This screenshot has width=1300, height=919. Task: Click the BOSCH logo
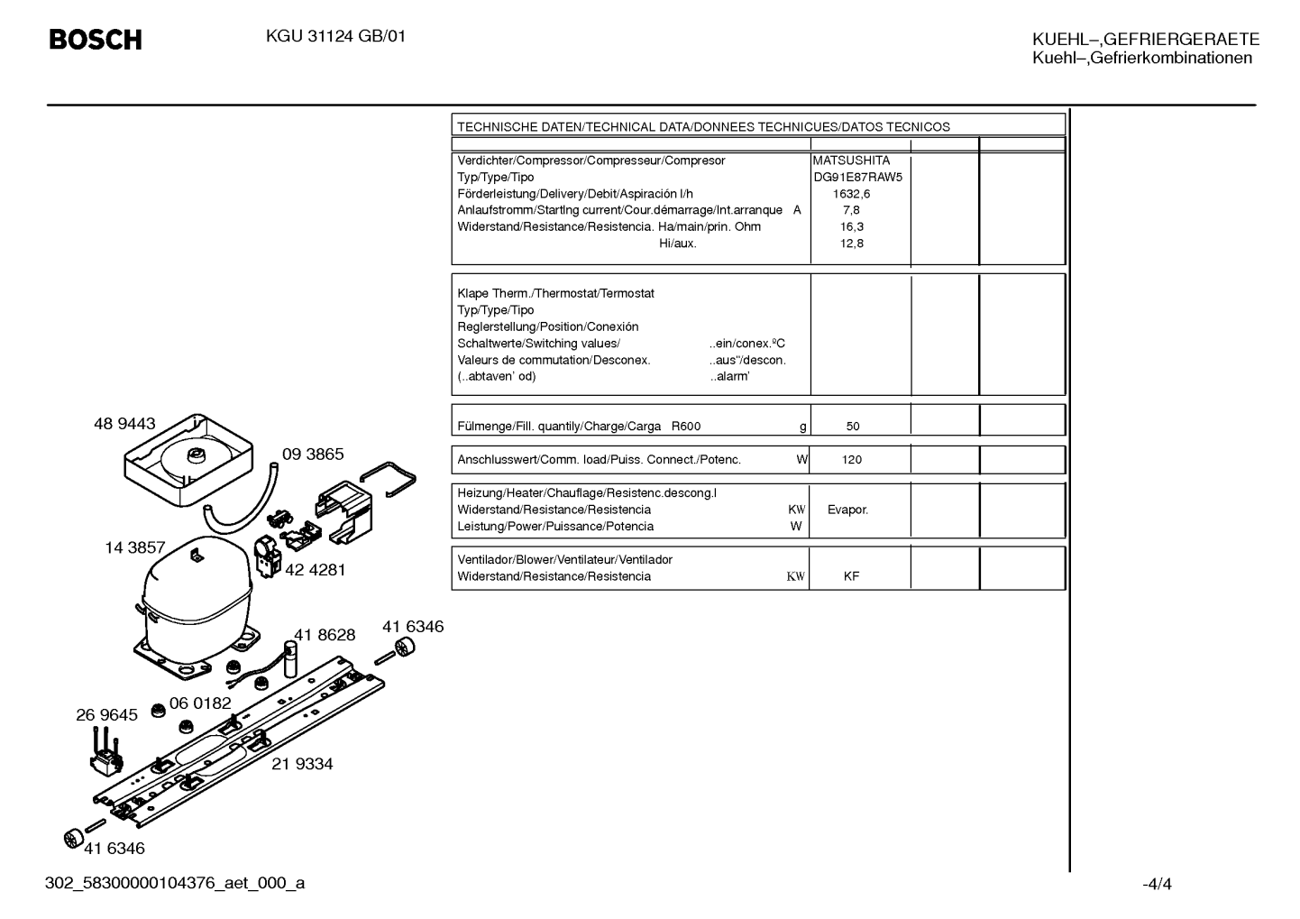[x=96, y=40]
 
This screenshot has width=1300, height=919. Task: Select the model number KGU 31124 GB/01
[x=335, y=37]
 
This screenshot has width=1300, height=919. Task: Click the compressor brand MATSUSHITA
[x=851, y=161]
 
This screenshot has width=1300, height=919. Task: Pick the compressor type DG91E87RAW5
[x=857, y=177]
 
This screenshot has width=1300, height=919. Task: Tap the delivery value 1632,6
[x=851, y=194]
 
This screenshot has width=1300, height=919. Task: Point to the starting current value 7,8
[x=851, y=210]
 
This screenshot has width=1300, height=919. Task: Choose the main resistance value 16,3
[x=851, y=226]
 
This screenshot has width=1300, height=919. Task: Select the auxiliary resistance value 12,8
[x=851, y=244]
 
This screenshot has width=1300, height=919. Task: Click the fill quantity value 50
[x=853, y=426]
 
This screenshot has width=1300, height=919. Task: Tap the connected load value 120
[x=851, y=460]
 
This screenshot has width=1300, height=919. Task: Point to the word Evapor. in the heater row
[x=847, y=510]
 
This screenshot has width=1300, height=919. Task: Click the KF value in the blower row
[x=851, y=576]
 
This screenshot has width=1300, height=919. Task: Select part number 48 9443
[x=124, y=424]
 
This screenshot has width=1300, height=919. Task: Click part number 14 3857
[x=135, y=547]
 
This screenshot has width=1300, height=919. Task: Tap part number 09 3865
[x=313, y=454]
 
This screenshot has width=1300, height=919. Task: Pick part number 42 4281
[x=316, y=570]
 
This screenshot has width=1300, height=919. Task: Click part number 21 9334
[x=302, y=764]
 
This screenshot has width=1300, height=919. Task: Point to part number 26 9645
[x=106, y=715]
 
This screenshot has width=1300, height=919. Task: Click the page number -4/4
[x=1157, y=884]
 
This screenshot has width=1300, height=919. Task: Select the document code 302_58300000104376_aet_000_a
[x=175, y=883]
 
